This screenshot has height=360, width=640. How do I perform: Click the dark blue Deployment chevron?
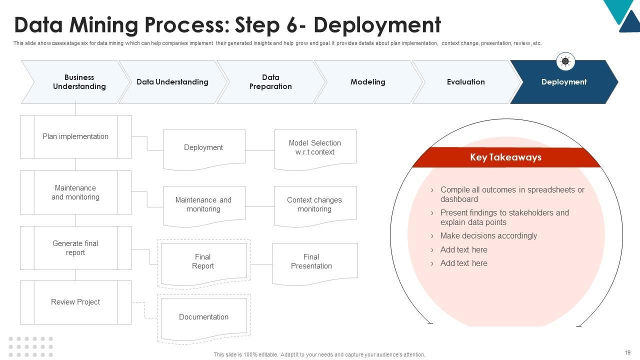coord(564,82)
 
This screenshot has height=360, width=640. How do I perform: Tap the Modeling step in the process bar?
coord(368,82)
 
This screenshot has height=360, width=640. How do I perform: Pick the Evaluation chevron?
coord(465,82)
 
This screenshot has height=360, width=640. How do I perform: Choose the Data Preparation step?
coord(270,82)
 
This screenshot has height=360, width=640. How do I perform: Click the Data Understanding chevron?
coord(172,82)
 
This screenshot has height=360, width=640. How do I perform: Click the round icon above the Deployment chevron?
coord(565,61)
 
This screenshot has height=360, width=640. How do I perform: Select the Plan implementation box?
coord(75,136)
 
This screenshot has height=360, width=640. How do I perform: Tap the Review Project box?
coord(75,302)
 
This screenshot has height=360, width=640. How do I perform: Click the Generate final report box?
coord(75,248)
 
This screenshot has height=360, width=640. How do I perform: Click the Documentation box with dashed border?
coord(204,319)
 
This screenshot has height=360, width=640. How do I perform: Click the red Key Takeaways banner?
coord(506,157)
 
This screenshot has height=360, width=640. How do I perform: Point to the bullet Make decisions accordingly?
coord(488,235)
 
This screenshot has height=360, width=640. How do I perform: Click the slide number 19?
coord(627,352)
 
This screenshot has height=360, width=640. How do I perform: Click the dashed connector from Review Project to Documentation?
coord(144,310)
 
